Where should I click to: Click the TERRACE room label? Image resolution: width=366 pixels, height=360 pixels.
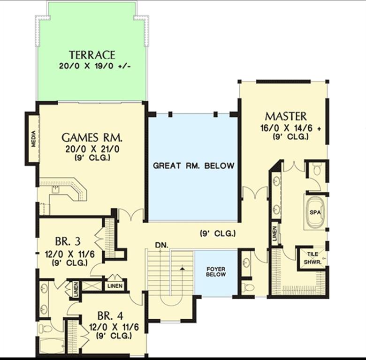coord(92,55)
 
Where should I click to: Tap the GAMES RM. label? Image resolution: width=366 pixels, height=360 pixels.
coord(91,137)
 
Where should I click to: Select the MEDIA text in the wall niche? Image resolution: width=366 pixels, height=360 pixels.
coord(34,139)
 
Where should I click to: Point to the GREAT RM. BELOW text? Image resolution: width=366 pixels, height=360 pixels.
coord(193,166)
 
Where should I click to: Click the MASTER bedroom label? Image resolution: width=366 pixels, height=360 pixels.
coord(286,116)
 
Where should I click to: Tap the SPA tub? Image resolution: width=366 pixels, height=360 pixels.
coord(315,212)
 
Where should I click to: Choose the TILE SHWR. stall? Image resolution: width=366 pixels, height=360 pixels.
coord(312,258)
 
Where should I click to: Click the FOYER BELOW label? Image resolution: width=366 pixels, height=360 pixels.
coord(216,271)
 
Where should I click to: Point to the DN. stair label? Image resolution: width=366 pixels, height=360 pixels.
coord(162,245)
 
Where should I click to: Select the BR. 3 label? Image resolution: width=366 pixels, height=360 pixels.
coord(68,241)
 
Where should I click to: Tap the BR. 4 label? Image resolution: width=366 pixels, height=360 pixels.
coord(110,316)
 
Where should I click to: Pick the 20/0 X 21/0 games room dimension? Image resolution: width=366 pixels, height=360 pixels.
coord(92,149)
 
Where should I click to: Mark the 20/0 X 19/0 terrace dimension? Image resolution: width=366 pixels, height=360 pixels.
coord(95,66)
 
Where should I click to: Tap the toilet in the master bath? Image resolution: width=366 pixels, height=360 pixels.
coord(317,169)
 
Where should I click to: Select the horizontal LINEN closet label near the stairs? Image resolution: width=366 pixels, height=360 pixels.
coord(115,286)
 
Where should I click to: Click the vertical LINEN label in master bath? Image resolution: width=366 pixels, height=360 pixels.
coord(274,233)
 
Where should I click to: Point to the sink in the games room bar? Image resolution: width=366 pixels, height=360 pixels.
coord(55,190)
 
